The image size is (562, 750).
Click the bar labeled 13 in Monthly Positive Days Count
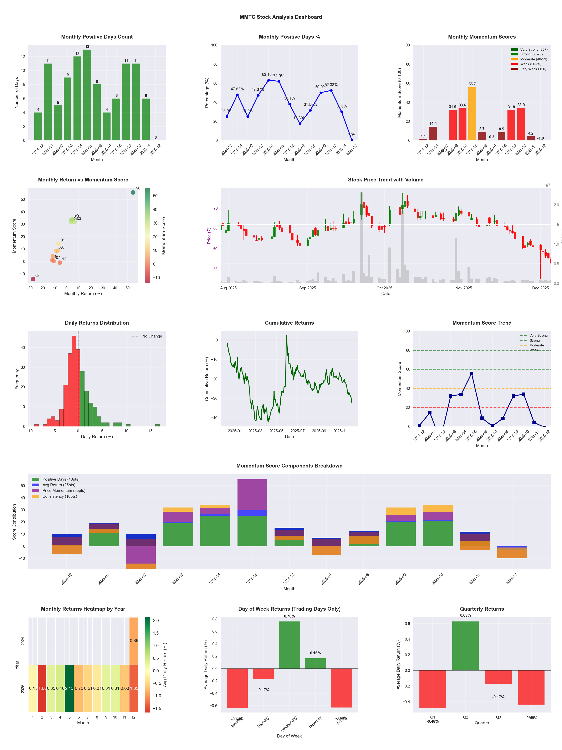[87, 95]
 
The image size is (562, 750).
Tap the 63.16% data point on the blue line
[269, 80]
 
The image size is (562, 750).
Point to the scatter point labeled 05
[133, 192]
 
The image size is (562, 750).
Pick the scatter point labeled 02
[33, 279]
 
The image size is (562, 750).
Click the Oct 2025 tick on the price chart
[384, 288]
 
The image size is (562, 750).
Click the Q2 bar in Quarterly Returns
[465, 646]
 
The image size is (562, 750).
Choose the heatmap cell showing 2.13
[70, 689]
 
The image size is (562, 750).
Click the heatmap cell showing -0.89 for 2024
[133, 641]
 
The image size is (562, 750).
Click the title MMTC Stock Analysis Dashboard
[281, 17]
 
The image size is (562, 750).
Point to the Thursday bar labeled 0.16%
[315, 664]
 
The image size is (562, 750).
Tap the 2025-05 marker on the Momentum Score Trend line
[471, 373]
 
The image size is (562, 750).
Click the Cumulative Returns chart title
[289, 323]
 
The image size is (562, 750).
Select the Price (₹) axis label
[209, 236]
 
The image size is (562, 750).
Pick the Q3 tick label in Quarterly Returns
[498, 717]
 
